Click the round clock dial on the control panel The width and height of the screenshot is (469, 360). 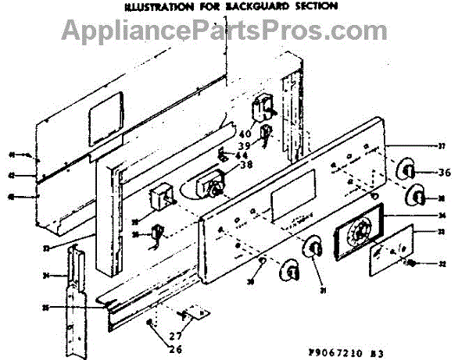point(358,231)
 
